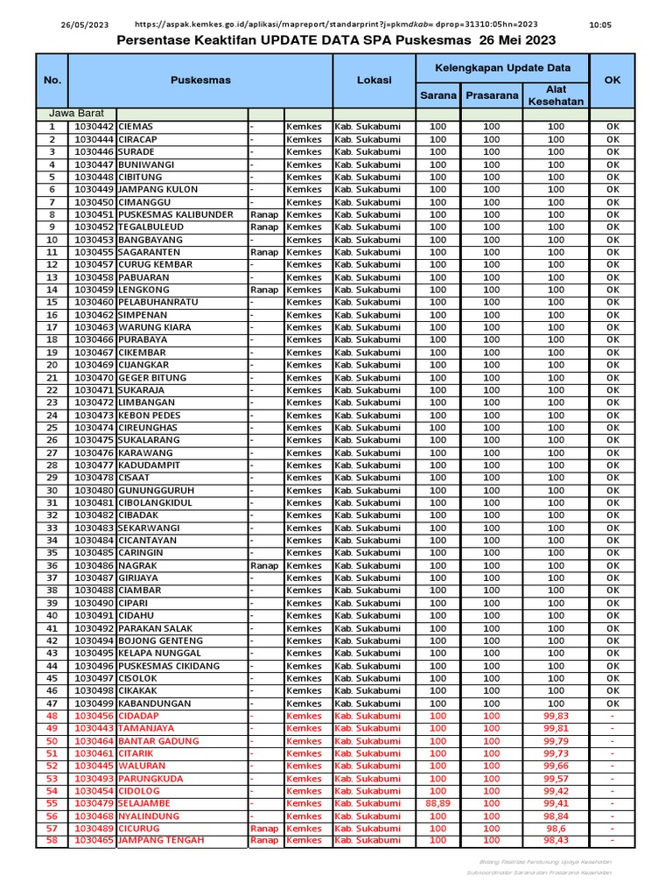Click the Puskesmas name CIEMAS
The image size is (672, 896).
136,127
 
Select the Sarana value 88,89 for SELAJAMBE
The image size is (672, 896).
437,803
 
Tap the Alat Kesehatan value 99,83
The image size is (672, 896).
556,716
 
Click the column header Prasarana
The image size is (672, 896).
492,95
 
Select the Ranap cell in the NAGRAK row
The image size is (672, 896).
264,566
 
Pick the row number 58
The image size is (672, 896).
52,841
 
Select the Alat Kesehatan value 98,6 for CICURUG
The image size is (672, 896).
556,829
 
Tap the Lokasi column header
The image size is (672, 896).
374,80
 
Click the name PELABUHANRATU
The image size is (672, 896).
157,302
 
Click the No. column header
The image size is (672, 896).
52,80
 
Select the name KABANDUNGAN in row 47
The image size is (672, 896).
153,703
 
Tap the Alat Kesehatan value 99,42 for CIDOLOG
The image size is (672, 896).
556,791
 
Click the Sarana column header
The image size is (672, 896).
437,95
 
